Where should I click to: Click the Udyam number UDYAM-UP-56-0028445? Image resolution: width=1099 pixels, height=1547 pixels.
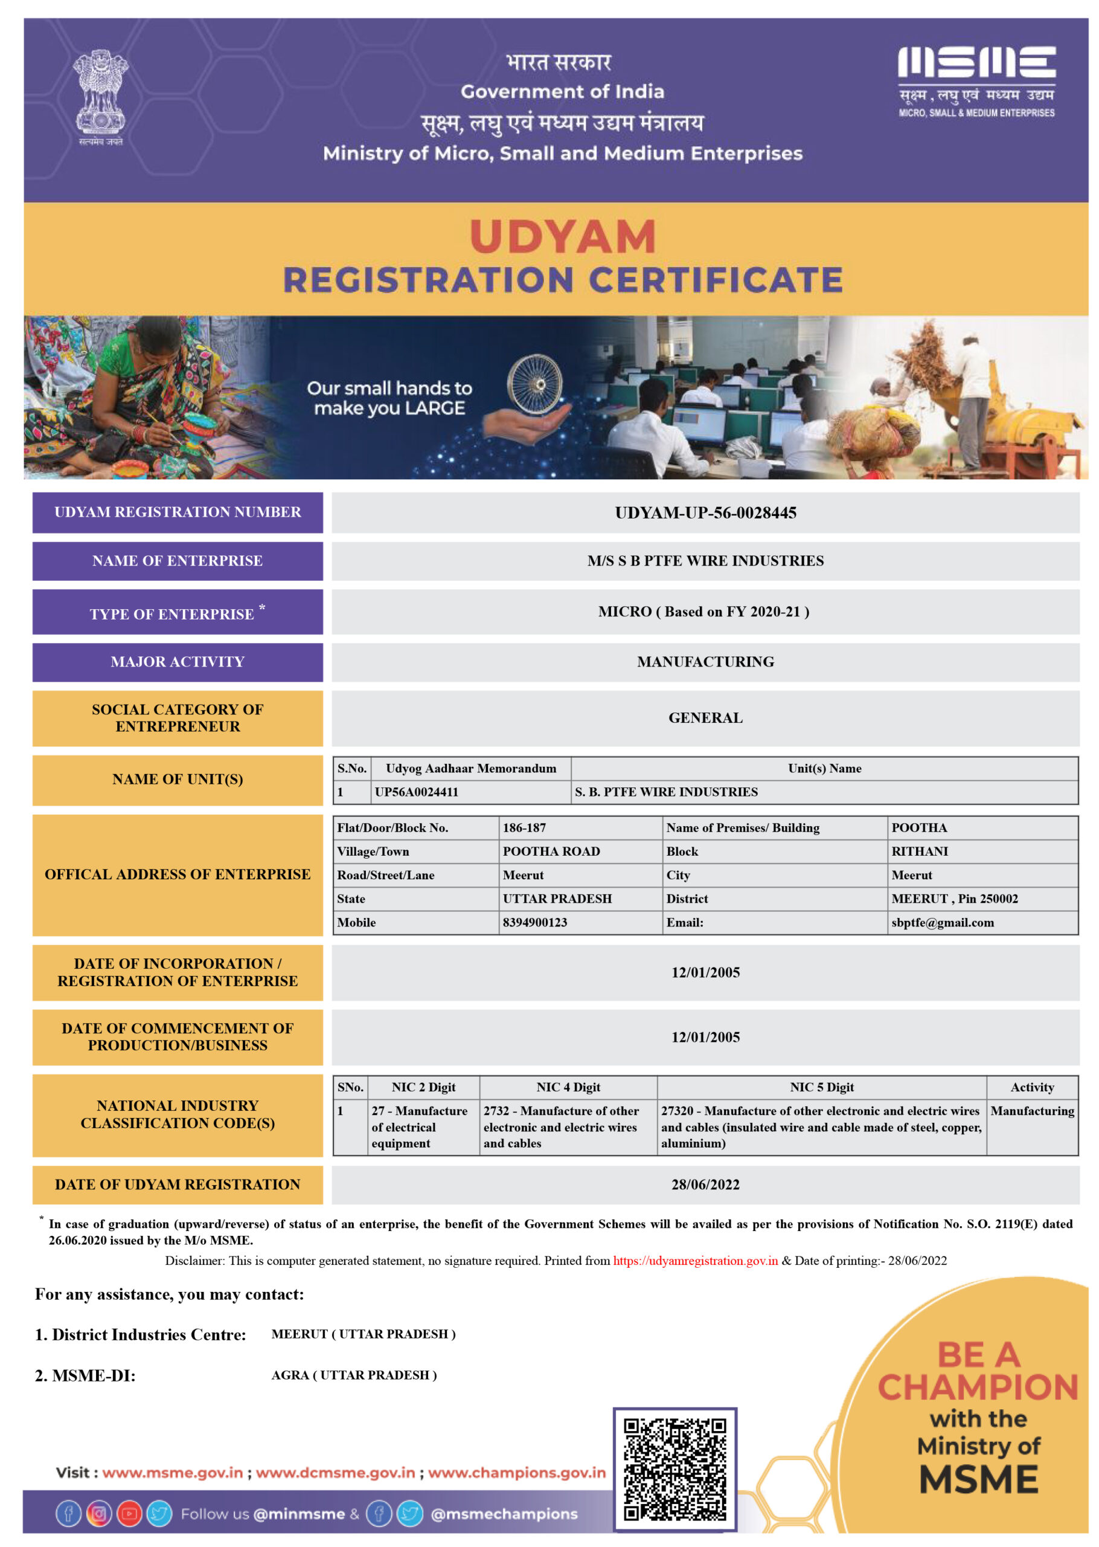[705, 512]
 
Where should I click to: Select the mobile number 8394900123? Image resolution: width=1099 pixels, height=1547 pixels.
[534, 922]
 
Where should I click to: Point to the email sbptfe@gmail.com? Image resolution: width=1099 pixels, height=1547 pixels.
[942, 922]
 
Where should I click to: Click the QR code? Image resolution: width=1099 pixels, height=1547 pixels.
[674, 1469]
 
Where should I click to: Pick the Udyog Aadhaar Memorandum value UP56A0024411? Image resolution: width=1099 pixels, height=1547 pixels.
[416, 792]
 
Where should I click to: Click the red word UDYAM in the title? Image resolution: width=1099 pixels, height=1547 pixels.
[562, 236]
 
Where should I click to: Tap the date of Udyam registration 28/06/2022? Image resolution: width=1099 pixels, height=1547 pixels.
[705, 1184]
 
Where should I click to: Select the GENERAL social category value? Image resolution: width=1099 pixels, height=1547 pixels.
[705, 718]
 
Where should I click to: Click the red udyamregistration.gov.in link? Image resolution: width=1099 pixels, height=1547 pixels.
[695, 1261]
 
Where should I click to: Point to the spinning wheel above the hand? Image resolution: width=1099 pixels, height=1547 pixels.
[534, 384]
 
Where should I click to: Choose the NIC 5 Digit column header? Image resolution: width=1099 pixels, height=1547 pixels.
[822, 1087]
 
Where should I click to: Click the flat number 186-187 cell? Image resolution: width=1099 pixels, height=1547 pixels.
[525, 827]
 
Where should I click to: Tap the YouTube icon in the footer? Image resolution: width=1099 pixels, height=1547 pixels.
[129, 1514]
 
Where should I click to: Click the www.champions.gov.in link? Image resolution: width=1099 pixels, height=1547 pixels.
[516, 1473]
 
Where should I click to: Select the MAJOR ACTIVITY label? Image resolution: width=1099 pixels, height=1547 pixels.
[178, 662]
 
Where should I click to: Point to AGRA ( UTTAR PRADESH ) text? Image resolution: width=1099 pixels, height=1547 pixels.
[354, 1375]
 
